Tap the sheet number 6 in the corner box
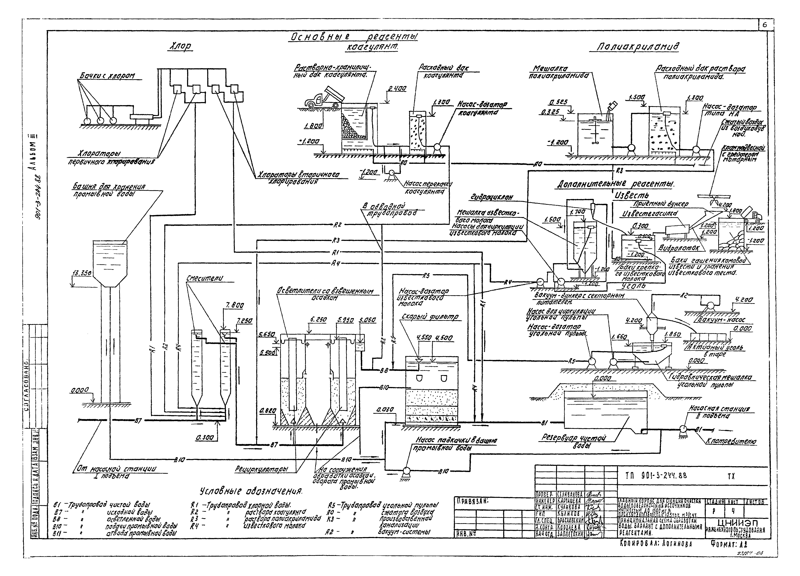point(765,25)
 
